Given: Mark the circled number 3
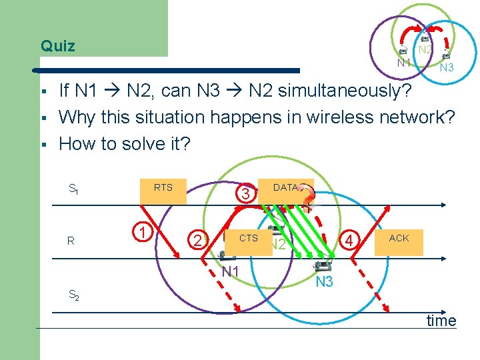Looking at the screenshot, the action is [x=246, y=194].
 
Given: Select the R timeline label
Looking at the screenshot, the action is [x=71, y=241].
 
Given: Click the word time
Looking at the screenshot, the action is [x=441, y=321].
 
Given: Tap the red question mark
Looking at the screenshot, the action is [x=307, y=198].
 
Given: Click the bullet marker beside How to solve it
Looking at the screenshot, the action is [x=43, y=145].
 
